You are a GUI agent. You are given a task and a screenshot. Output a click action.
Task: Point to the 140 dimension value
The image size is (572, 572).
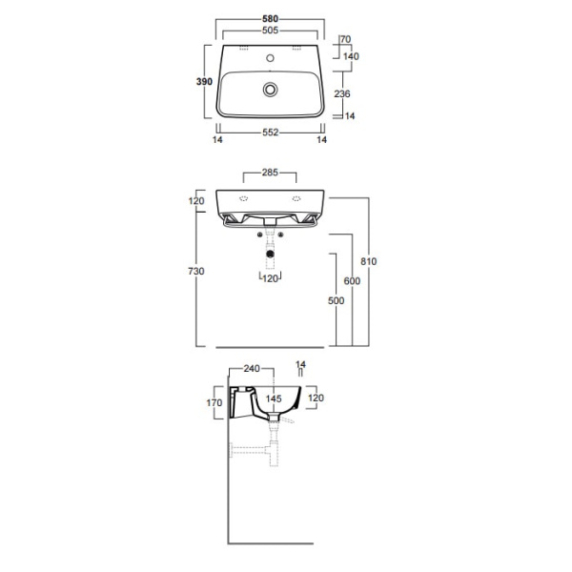tap(350, 56)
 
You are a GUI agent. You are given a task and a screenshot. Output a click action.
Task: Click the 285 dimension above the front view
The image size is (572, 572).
tap(271, 174)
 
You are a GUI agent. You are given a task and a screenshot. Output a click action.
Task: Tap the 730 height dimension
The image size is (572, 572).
tap(196, 271)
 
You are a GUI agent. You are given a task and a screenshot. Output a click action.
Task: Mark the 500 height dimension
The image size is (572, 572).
tap(335, 300)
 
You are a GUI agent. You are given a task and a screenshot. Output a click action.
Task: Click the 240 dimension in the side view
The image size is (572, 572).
tap(252, 368)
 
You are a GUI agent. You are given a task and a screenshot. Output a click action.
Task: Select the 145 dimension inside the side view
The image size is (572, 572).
tap(275, 398)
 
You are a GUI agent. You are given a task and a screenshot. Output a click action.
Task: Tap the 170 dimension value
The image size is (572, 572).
tap(213, 403)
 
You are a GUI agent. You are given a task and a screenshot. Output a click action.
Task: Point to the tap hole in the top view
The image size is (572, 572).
tap(271, 57)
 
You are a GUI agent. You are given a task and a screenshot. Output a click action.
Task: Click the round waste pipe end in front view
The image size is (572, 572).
tap(271, 255)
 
